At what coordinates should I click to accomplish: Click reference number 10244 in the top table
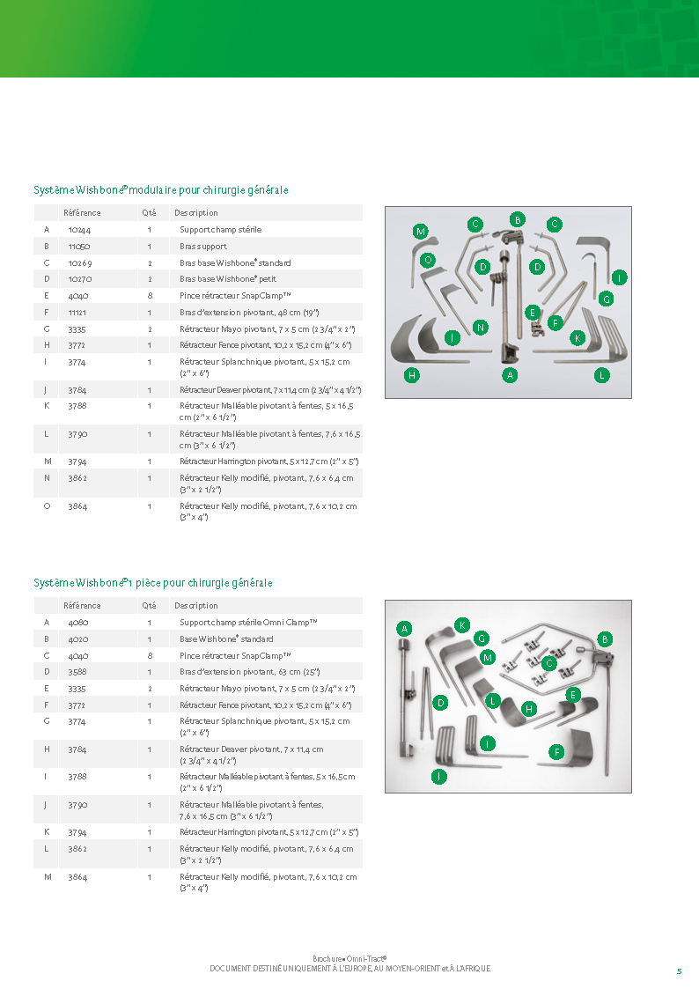79,230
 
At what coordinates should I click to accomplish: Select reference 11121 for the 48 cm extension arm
77,313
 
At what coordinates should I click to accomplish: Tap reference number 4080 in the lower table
78,623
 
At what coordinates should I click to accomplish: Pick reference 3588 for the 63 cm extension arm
77,672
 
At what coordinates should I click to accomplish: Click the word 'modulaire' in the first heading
152,190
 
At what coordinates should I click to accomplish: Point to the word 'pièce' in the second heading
148,583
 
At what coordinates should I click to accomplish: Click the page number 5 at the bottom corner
679,971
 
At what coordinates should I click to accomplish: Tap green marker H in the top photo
412,375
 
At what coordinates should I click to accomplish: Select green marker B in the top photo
518,219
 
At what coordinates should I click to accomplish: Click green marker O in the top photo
428,260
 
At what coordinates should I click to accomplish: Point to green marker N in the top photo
481,328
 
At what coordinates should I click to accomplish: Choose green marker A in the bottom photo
405,628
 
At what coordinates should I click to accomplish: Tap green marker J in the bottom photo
438,777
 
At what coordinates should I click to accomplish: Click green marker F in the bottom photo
556,752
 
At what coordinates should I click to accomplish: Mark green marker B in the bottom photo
605,639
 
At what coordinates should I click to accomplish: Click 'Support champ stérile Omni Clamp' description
248,623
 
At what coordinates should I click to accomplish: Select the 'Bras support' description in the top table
203,247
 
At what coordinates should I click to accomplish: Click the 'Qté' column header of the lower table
149,606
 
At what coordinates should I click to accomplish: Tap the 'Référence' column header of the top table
82,213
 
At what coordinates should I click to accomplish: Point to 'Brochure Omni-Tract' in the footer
349,959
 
